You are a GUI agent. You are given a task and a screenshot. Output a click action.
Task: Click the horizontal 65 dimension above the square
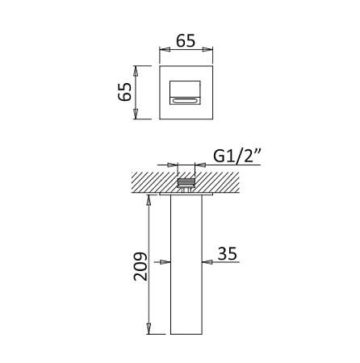click(186, 41)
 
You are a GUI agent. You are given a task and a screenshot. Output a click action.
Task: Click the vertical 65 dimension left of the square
click(125, 91)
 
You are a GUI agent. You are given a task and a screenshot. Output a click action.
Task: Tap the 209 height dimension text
click(140, 266)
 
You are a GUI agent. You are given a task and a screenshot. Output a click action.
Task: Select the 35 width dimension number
click(227, 253)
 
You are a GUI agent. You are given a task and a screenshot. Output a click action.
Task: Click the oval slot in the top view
click(185, 101)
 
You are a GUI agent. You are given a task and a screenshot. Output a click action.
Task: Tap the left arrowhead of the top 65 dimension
click(165, 49)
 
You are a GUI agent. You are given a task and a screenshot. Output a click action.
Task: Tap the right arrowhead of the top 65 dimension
click(207, 49)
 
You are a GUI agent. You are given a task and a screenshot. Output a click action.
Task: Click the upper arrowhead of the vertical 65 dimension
click(136, 71)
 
